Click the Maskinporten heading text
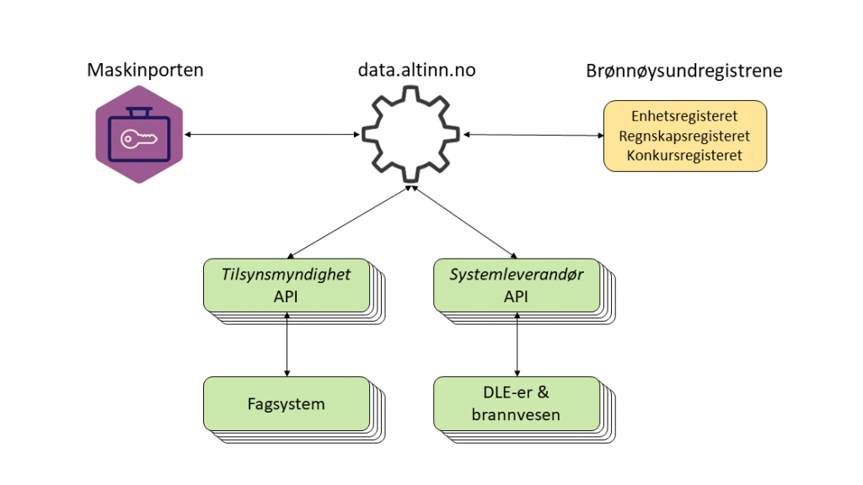tap(145, 70)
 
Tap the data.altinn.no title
tap(416, 70)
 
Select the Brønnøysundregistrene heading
tap(683, 71)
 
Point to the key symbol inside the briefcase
tap(138, 138)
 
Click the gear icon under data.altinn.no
tap(411, 135)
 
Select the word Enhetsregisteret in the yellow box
tap(684, 116)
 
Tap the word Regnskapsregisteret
tap(684, 136)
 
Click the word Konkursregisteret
tap(684, 155)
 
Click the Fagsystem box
tap(287, 403)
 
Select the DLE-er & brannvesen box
tap(517, 403)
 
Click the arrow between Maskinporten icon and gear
tap(271, 135)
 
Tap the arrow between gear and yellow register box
tap(533, 135)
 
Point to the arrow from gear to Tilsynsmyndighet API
tap(350, 222)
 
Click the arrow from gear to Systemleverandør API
tap(464, 222)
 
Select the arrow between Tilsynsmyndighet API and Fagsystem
tap(287, 344)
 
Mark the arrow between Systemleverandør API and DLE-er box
tap(517, 344)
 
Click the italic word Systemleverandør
tap(517, 274)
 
